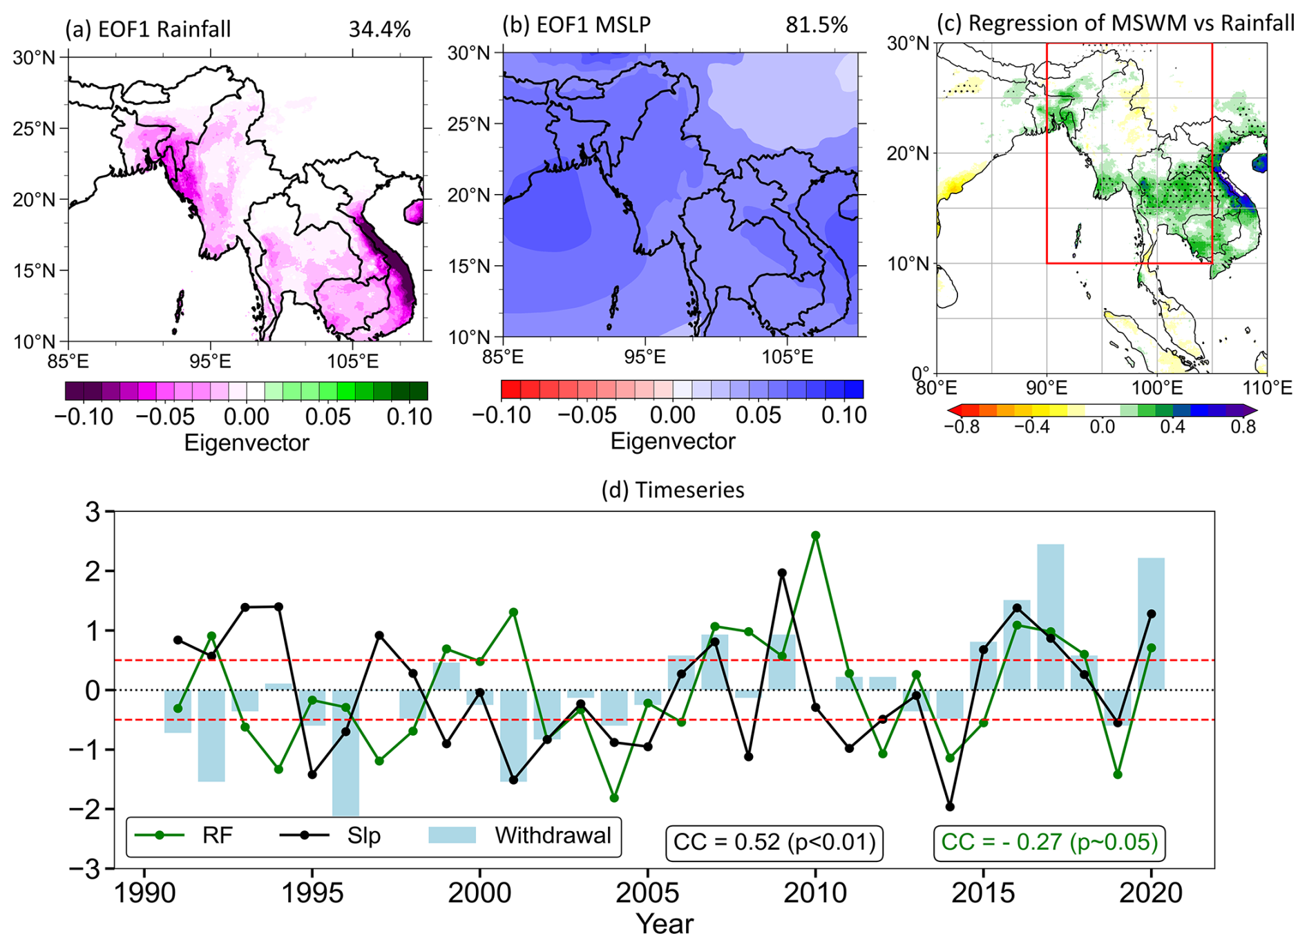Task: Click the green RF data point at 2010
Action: tap(815, 535)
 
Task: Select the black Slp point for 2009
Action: tap(782, 573)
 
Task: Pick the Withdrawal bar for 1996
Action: tap(345, 752)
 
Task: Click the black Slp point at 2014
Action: tap(950, 807)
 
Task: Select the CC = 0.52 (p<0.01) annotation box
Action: tap(774, 843)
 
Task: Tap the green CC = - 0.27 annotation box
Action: tap(1049, 843)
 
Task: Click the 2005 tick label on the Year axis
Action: tap(648, 894)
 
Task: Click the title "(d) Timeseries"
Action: tap(673, 490)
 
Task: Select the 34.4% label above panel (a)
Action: tap(379, 30)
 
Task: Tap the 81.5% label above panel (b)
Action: tap(816, 25)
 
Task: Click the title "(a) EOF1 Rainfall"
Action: tap(148, 30)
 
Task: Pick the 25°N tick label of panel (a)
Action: tap(34, 128)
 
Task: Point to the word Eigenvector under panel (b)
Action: tap(672, 441)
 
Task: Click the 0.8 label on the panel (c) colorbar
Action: tap(1243, 427)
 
